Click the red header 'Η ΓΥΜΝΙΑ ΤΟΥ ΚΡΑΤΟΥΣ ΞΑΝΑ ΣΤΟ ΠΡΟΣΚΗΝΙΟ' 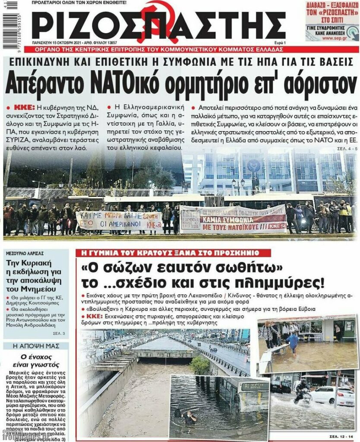167,252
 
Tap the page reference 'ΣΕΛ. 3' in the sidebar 59,333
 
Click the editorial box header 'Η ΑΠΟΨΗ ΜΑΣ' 35,346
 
